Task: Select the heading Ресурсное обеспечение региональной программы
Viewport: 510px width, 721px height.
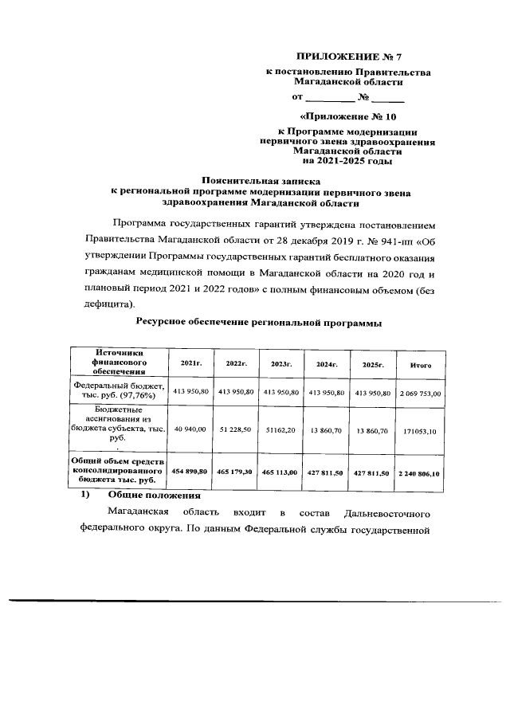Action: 259,323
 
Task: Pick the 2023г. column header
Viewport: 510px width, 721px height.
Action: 282,364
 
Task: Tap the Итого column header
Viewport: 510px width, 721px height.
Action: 420,364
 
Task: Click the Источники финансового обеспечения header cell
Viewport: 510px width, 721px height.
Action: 118,362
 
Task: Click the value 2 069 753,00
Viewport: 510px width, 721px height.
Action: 420,393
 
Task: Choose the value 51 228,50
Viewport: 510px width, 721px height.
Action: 237,429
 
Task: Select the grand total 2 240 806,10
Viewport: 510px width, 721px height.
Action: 420,472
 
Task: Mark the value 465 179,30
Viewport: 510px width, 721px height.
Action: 237,472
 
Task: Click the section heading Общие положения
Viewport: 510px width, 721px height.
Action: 149,496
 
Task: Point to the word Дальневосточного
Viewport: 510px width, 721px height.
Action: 387,511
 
